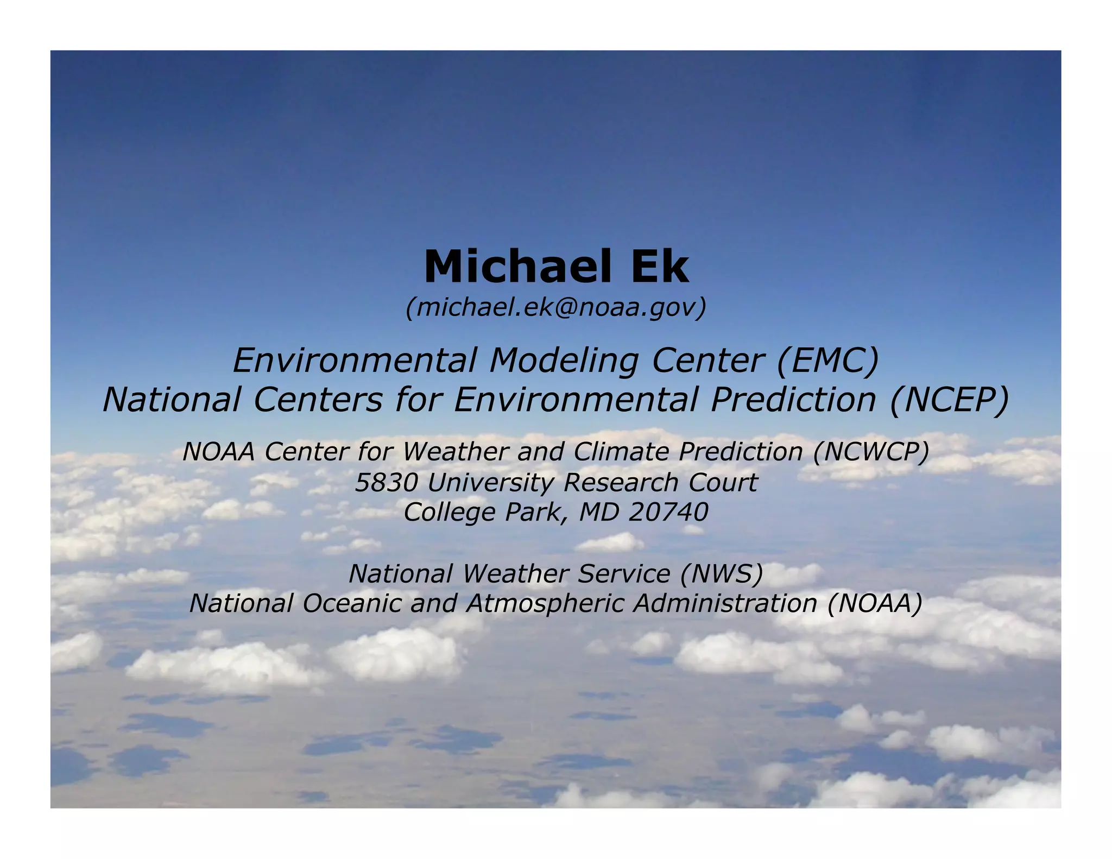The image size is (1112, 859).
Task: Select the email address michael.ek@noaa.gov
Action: [556, 307]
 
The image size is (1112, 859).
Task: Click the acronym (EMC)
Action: [827, 361]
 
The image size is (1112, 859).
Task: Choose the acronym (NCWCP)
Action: [871, 452]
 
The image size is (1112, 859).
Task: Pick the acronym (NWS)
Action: [722, 574]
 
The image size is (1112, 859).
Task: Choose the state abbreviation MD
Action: [598, 512]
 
